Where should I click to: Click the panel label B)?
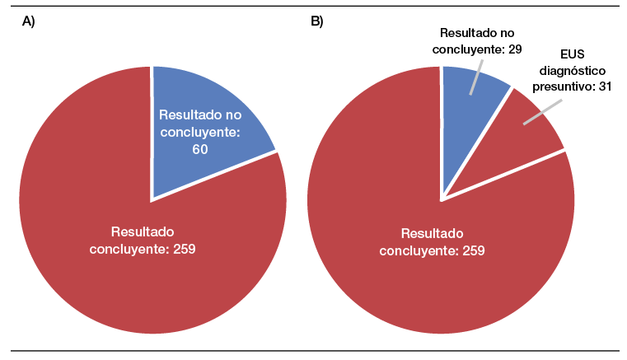tap(316, 22)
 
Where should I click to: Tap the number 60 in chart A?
tap(199, 149)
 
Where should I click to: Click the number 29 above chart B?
tap(512, 50)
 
